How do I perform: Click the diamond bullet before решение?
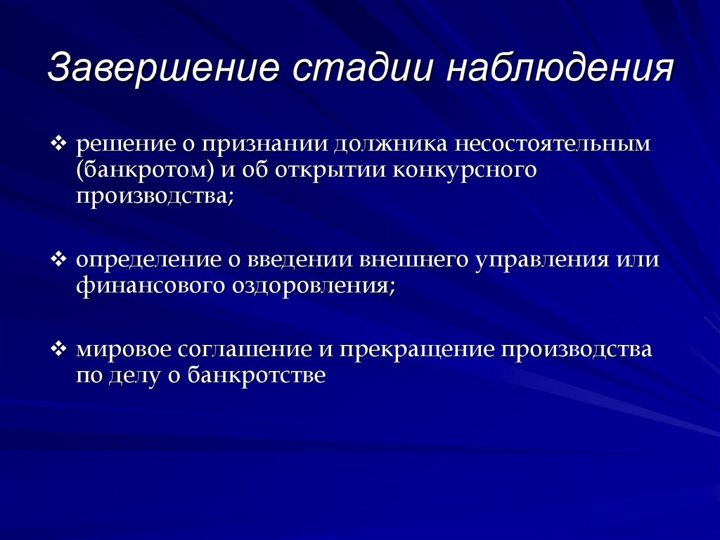point(58,144)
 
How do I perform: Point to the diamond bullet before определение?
point(58,259)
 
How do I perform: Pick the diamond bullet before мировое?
point(58,349)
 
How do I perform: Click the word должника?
point(390,144)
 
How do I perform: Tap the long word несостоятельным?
point(553,144)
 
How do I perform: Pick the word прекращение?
point(418,350)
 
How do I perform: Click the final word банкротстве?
point(257,375)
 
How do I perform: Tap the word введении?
point(300,260)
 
